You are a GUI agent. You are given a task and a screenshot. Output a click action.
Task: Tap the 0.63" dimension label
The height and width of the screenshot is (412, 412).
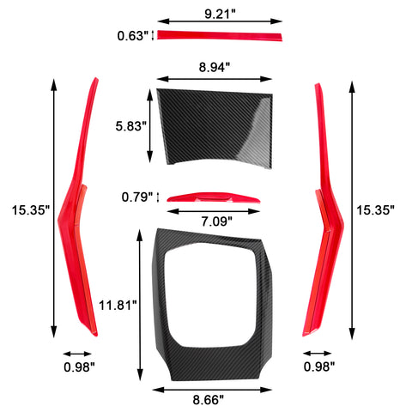tap(133, 35)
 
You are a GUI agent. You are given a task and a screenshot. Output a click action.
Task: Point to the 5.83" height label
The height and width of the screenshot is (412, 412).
tap(130, 126)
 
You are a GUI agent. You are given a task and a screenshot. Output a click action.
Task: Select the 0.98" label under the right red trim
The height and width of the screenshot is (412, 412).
tap(320, 367)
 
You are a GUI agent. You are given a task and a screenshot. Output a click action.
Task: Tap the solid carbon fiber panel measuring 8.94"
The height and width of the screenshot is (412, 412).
tap(215, 124)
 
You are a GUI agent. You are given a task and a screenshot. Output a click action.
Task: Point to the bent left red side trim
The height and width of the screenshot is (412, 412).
tap(77, 215)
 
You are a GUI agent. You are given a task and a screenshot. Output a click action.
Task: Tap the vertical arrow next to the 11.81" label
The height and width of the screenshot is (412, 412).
tap(139, 305)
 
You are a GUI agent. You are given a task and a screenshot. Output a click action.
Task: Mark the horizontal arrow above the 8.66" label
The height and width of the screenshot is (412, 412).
tap(213, 388)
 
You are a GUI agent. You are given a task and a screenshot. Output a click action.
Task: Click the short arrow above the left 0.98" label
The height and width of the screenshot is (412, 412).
tap(77, 353)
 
